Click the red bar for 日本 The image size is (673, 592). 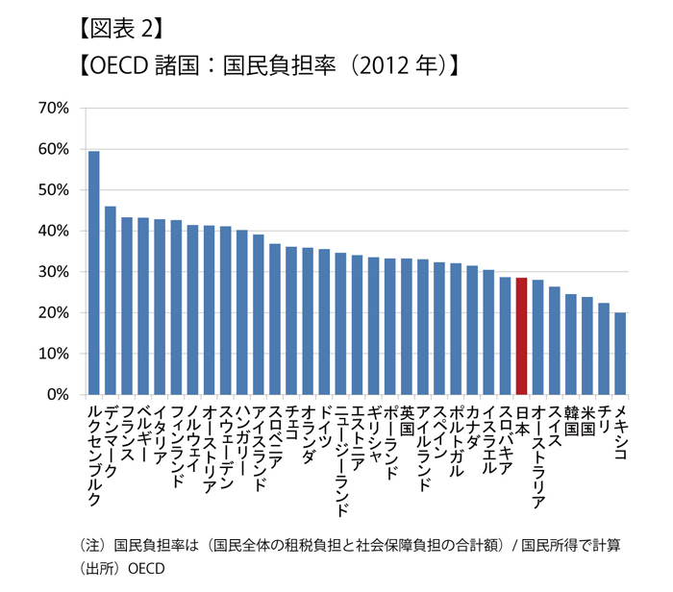(x=521, y=336)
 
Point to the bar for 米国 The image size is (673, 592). (x=587, y=345)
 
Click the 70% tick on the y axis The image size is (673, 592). (x=53, y=109)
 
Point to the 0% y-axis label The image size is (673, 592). (x=56, y=394)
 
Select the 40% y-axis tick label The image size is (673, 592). (x=53, y=232)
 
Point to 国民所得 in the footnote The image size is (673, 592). (x=544, y=545)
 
